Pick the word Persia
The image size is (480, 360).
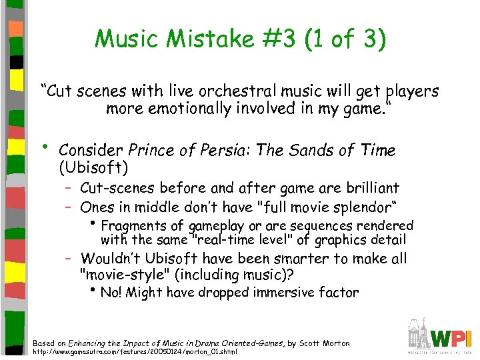tap(227, 151)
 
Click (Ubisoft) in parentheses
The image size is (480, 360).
tap(93, 165)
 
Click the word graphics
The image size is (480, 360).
tap(343, 240)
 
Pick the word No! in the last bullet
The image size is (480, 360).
tap(111, 292)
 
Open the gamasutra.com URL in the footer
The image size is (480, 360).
tap(133, 351)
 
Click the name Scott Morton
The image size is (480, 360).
tap(325, 343)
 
